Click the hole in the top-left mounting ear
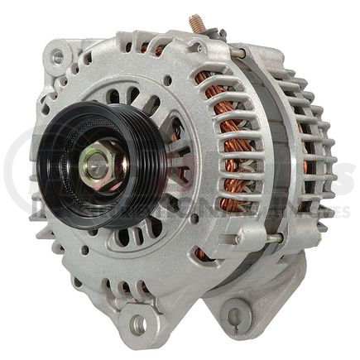point(57,58)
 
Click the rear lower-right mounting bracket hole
point(234,315)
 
